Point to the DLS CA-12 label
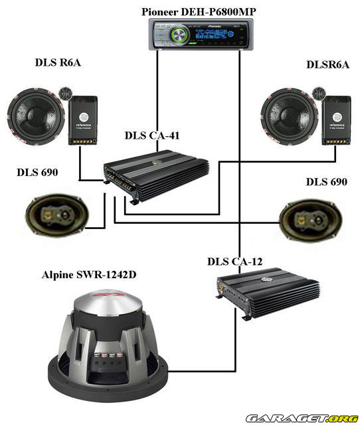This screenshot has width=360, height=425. point(234,261)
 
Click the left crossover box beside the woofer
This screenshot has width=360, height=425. point(83,120)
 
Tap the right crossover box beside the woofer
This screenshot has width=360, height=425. point(336,120)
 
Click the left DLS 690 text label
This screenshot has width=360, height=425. point(37,173)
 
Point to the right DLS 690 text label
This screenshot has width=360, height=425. point(326,181)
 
